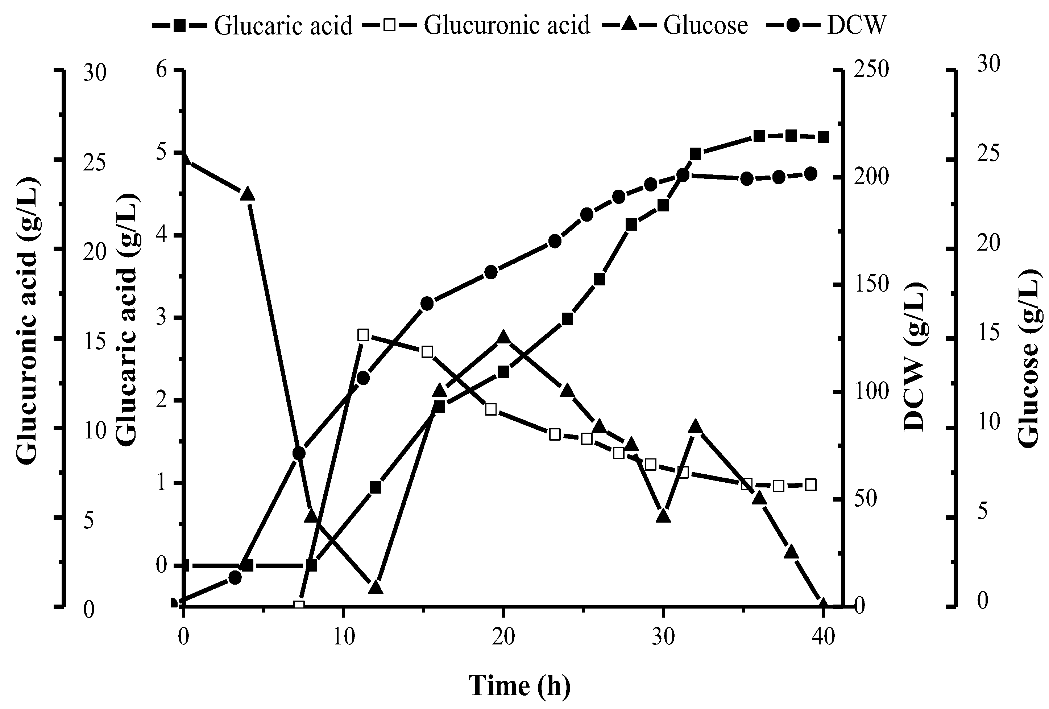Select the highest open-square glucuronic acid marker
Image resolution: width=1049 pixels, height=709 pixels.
click(363, 335)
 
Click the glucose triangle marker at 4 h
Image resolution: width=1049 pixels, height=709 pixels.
click(247, 194)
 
